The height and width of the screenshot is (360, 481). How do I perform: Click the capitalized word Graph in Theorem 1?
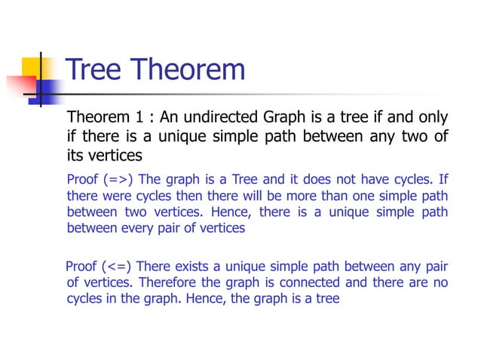(x=283, y=118)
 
